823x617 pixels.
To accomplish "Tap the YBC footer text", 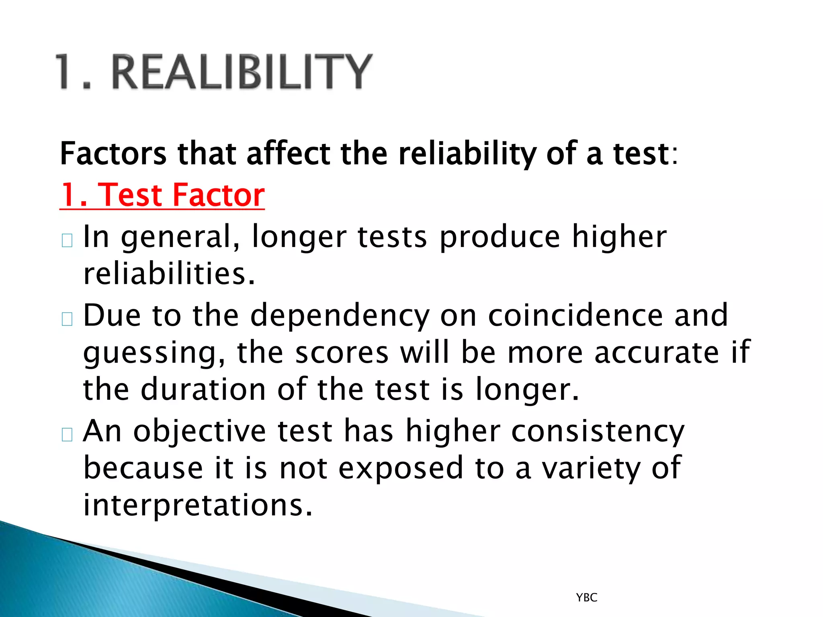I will pyautogui.click(x=586, y=598).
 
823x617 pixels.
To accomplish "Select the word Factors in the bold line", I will pyautogui.click(x=113, y=154).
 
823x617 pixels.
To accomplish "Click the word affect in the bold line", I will pyautogui.click(x=289, y=154).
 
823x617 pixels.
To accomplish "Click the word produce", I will pyautogui.click(x=500, y=237).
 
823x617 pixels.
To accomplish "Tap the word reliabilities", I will pyautogui.click(x=169, y=274).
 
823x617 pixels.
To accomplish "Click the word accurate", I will pyautogui.click(x=656, y=352).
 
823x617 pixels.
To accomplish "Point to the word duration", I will pyautogui.click(x=203, y=390).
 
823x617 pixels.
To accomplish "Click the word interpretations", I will pyautogui.click(x=198, y=505).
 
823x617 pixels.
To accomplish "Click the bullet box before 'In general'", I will pyautogui.click(x=67, y=240).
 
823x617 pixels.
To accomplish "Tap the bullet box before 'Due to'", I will pyautogui.click(x=67, y=319).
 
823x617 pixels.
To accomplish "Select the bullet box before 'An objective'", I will pyautogui.click(x=67, y=435).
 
